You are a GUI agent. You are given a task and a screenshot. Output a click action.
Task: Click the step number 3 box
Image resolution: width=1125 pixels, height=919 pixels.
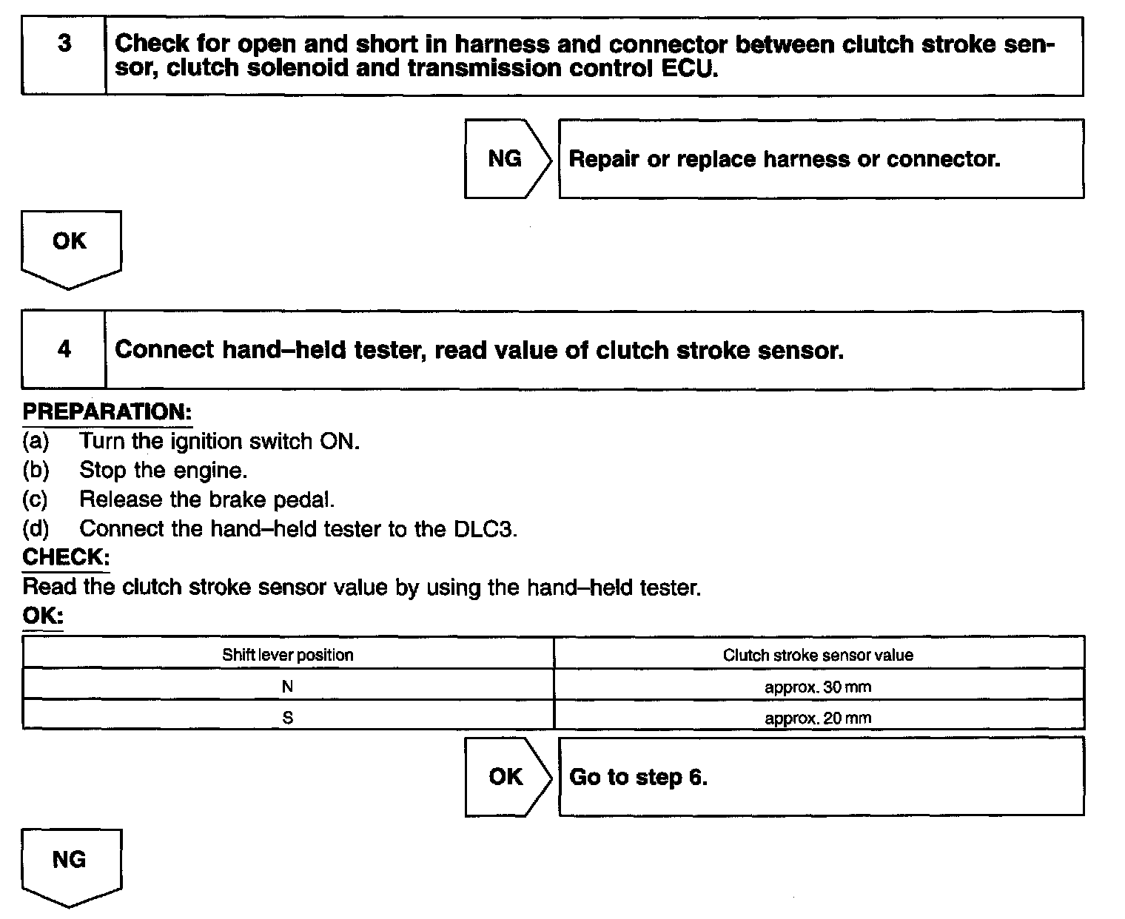[x=64, y=56]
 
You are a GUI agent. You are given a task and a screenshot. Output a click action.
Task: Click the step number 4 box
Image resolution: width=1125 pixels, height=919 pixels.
[x=64, y=350]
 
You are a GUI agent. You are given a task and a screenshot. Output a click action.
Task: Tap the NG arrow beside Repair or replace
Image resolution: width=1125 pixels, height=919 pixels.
[x=506, y=158]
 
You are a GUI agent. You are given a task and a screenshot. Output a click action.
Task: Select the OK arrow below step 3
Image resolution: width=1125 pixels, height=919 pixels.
[x=70, y=246]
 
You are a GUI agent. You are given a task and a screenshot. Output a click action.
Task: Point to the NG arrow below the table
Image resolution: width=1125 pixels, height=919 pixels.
[x=70, y=864]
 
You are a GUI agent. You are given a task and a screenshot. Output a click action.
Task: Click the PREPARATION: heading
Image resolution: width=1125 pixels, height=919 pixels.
[x=107, y=411]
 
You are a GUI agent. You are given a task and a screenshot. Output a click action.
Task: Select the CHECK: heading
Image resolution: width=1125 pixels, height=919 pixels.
[x=66, y=556]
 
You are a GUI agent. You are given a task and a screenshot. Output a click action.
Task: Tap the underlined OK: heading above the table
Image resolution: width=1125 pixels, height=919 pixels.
[x=43, y=615]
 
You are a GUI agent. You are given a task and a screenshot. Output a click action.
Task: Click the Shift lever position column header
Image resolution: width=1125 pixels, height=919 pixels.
[x=288, y=655]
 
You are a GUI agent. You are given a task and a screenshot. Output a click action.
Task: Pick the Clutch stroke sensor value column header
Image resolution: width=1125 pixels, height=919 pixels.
[x=818, y=655]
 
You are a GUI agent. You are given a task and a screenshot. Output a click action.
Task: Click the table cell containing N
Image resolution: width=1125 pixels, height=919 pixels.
[x=288, y=687]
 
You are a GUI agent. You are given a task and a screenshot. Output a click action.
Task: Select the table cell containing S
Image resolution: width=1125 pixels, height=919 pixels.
[x=288, y=718]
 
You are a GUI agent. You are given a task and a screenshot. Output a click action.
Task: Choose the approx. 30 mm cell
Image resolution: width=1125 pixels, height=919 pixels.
[x=818, y=687]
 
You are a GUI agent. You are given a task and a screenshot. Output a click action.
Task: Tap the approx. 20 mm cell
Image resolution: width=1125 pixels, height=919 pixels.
[x=818, y=718]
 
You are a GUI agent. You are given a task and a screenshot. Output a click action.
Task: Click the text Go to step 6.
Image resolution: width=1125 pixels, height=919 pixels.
[x=638, y=777]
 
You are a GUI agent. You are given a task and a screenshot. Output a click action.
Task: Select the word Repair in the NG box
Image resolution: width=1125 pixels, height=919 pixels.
[x=603, y=159]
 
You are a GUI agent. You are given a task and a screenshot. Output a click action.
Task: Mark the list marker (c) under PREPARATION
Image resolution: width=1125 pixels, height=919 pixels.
[x=36, y=499]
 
